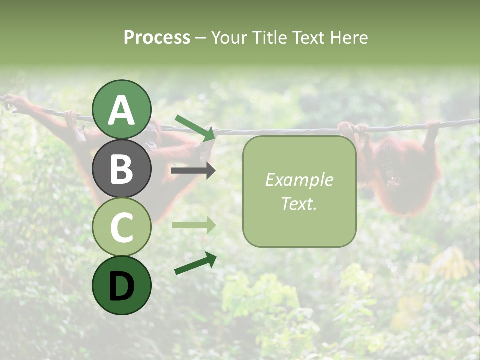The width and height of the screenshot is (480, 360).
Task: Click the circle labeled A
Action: point(122,109)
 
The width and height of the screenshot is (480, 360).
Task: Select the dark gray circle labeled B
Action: point(122,168)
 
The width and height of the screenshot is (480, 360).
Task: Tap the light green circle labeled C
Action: point(122,226)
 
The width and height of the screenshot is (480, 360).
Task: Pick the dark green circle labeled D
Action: point(122,285)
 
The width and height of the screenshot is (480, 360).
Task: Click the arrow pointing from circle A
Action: point(195,127)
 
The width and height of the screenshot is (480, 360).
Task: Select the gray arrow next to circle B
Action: point(193,171)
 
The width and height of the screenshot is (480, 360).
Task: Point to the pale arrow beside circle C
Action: point(193,225)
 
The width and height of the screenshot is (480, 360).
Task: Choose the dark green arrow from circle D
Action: point(195,263)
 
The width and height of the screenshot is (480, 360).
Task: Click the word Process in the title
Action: point(157,37)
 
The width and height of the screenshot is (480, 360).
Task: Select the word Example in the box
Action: point(299,180)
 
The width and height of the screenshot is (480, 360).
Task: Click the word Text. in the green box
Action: point(299,203)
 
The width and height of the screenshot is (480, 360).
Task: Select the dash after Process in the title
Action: point(200,38)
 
